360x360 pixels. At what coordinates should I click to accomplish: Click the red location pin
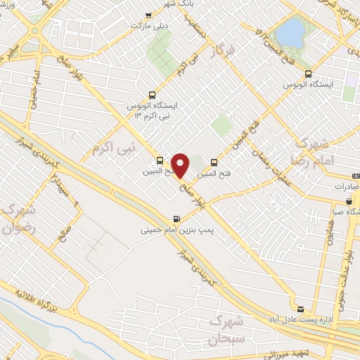(x=181, y=165)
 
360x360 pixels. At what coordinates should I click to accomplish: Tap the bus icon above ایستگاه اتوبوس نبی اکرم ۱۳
(x=152, y=96)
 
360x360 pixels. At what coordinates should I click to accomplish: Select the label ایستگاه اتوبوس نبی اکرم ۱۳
(x=151, y=110)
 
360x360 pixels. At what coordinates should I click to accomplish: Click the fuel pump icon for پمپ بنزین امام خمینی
(x=175, y=218)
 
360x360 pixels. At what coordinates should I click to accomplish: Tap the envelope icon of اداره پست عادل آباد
(x=300, y=308)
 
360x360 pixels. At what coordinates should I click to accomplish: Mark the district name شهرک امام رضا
(x=324, y=153)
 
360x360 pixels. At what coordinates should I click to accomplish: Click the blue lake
(x=288, y=32)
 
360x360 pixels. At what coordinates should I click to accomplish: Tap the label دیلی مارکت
(x=146, y=26)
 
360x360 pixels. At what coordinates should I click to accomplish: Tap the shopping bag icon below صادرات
(x=349, y=201)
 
